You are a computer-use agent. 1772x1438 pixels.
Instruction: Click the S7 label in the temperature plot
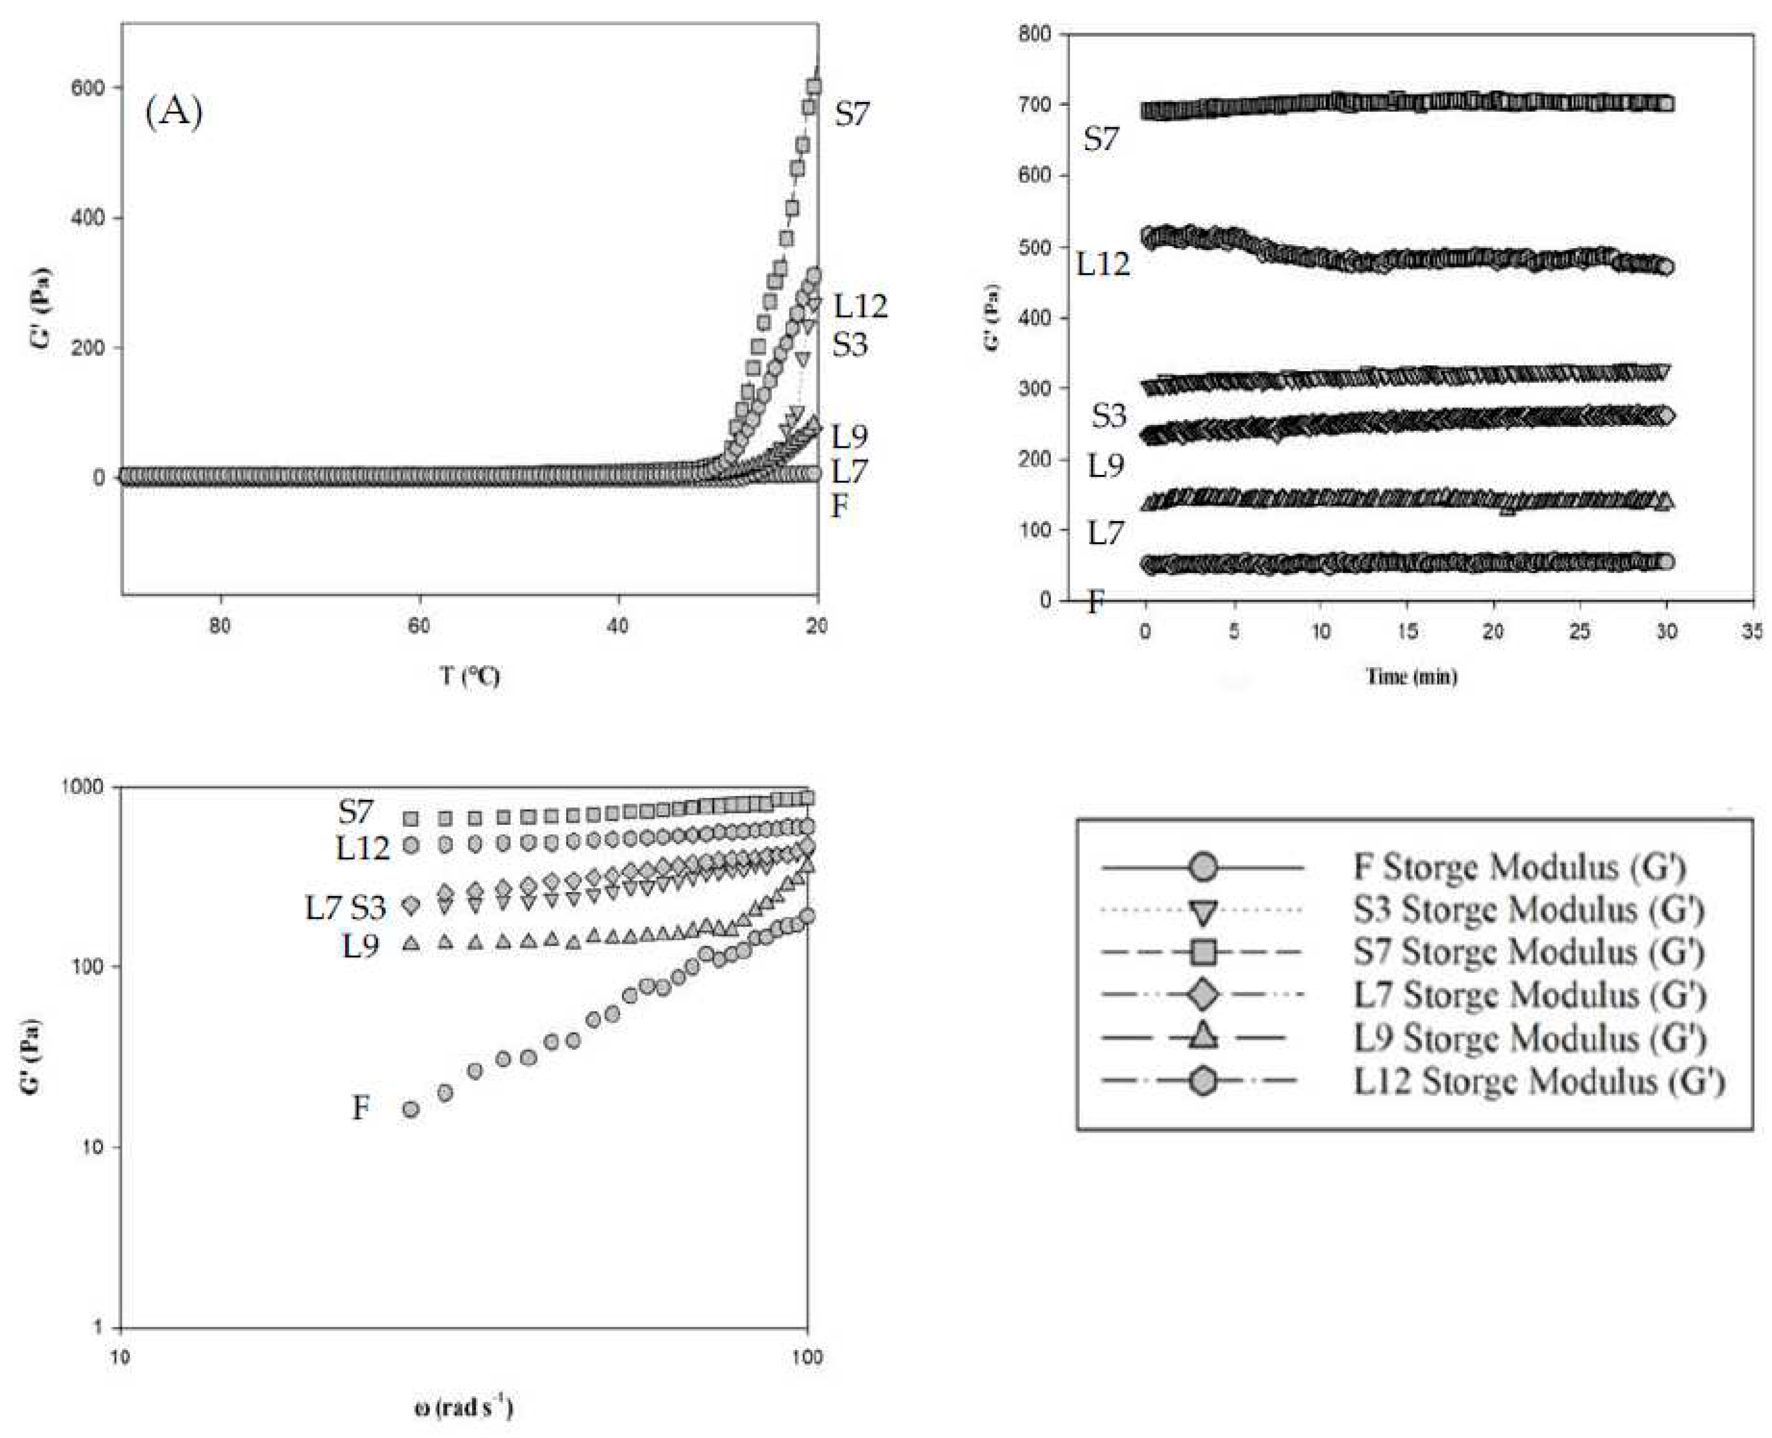(852, 114)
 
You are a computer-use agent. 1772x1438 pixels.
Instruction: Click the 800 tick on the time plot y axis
(1035, 34)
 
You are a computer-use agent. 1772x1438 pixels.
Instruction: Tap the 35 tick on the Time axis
(1751, 632)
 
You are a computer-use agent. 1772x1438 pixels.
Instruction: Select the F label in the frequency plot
(360, 1107)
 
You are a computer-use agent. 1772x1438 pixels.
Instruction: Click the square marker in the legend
(1202, 952)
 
